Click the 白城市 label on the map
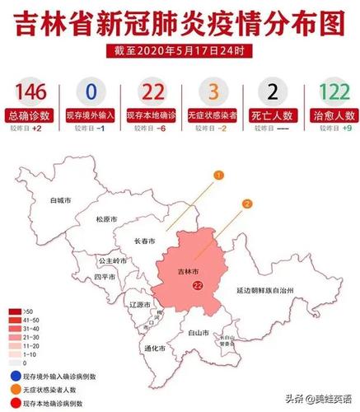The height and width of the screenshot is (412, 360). (60, 200)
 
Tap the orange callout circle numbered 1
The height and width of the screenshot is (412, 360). (219, 176)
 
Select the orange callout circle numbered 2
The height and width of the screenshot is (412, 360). (247, 204)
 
